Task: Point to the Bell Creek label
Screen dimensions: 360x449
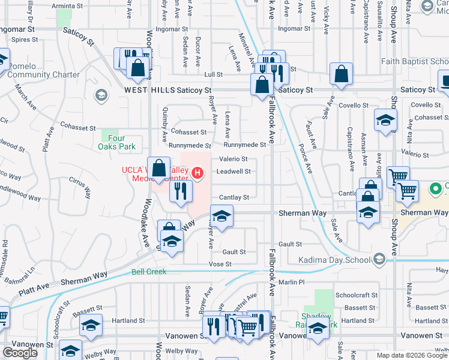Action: point(149,272)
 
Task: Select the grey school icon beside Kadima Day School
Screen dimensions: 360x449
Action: point(379,259)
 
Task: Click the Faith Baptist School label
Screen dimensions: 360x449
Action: point(414,61)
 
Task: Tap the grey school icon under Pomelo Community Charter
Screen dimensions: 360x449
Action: point(101,95)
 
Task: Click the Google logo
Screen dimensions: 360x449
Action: point(20,352)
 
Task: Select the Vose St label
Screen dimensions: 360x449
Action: point(220,264)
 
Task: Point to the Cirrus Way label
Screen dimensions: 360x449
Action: point(79,183)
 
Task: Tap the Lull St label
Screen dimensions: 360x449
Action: point(213,74)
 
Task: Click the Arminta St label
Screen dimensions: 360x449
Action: point(68,5)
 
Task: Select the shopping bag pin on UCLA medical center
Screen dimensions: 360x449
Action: point(159,169)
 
